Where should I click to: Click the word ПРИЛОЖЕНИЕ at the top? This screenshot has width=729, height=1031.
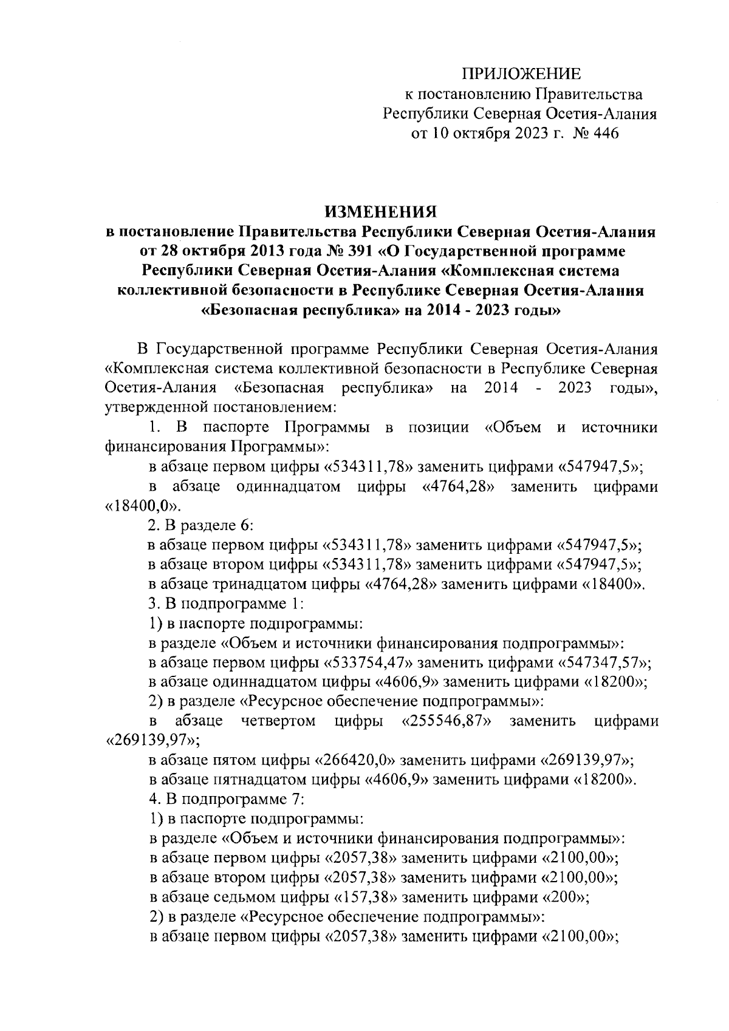(522, 75)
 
